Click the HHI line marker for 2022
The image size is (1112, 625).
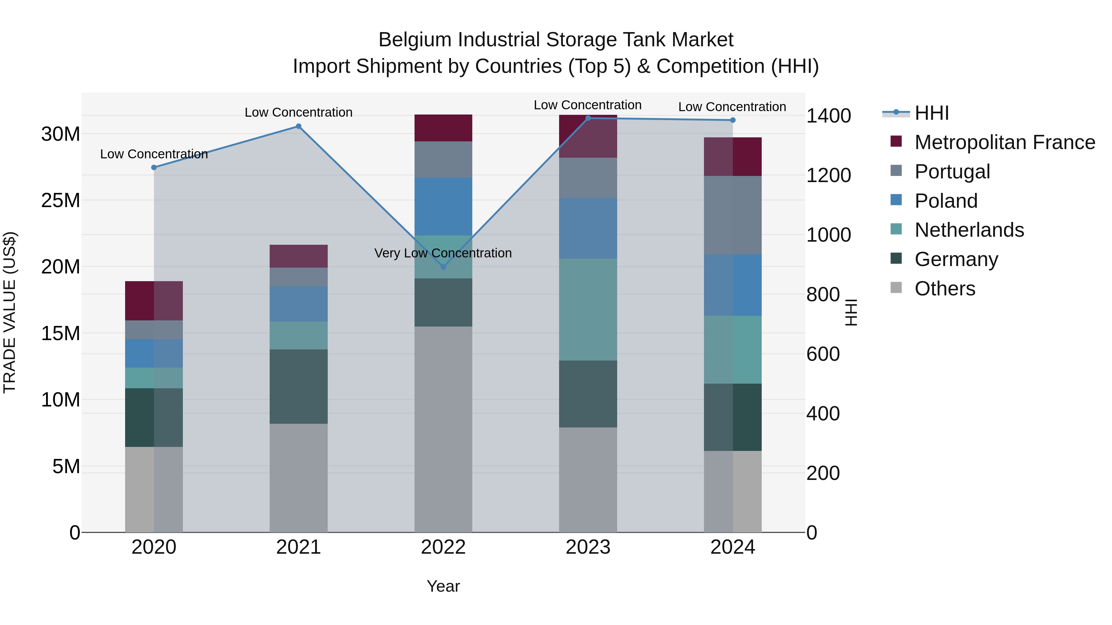(443, 267)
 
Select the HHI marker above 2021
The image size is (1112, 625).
(298, 126)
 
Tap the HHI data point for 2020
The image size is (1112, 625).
(154, 167)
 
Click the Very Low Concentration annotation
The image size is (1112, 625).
(443, 253)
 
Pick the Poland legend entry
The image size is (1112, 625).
(946, 201)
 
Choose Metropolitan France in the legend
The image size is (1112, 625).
(1005, 142)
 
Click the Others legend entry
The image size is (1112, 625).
(945, 289)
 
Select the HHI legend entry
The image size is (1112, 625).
(932, 113)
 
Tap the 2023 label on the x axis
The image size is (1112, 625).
(588, 547)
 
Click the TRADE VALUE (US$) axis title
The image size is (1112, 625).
(10, 312)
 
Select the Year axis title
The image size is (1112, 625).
(443, 586)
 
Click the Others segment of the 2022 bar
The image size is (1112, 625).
(443, 429)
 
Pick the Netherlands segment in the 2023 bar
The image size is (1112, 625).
(588, 309)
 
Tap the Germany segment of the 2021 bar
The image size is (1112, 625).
(298, 386)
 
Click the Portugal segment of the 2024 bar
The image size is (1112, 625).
(733, 215)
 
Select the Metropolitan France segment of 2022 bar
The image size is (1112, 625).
(443, 128)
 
